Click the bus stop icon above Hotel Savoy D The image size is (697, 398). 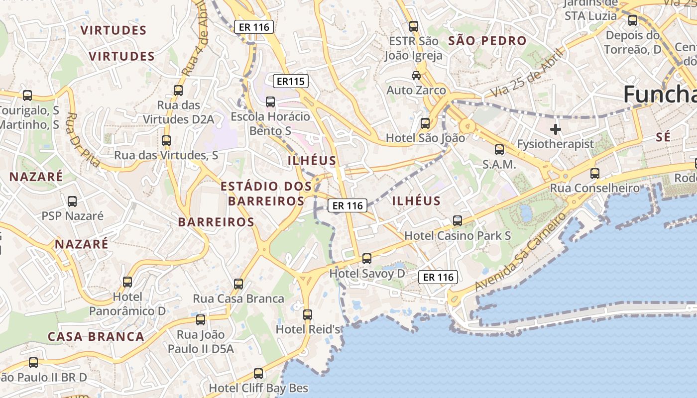point(367,259)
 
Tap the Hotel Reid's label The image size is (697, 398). point(308,329)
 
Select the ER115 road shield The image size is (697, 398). point(291,81)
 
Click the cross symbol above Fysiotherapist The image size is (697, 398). point(556,130)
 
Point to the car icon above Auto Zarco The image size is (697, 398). point(416,76)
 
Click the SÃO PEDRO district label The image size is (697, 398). point(487,41)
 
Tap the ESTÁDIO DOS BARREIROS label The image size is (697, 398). point(266,194)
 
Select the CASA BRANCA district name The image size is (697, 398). point(96,336)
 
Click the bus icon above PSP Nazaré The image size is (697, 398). point(72,201)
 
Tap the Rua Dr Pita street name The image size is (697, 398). point(83,139)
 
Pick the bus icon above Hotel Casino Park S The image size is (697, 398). point(458,221)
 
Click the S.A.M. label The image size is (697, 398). point(499,164)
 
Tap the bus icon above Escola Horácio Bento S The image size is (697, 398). point(270,102)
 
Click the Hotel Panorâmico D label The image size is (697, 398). point(127,304)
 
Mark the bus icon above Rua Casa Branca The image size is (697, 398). point(238,284)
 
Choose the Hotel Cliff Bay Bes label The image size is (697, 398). point(258,388)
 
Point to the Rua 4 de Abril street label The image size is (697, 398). point(195,45)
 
